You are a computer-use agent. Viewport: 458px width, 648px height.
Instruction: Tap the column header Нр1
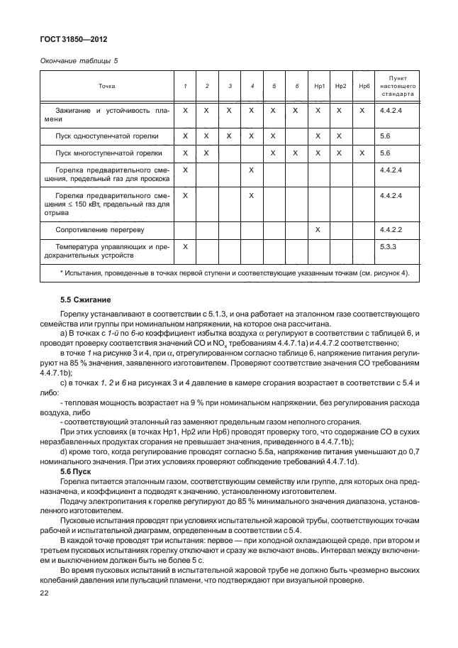pyautogui.click(x=318, y=86)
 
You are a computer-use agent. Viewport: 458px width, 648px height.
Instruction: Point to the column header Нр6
pyautogui.click(x=364, y=86)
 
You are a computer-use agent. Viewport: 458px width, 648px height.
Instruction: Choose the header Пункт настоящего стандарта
pyautogui.click(x=397, y=86)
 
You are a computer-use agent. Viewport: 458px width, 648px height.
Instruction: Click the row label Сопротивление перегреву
pyautogui.click(x=97, y=230)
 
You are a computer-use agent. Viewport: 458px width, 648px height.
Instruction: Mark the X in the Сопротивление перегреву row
pyautogui.click(x=318, y=230)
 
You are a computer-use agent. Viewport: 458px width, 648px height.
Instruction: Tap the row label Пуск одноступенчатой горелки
pyautogui.click(x=107, y=135)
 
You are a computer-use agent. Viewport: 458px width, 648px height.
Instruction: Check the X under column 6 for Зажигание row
pyautogui.click(x=296, y=111)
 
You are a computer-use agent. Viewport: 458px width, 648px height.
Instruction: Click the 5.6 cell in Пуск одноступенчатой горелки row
pyautogui.click(x=385, y=135)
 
